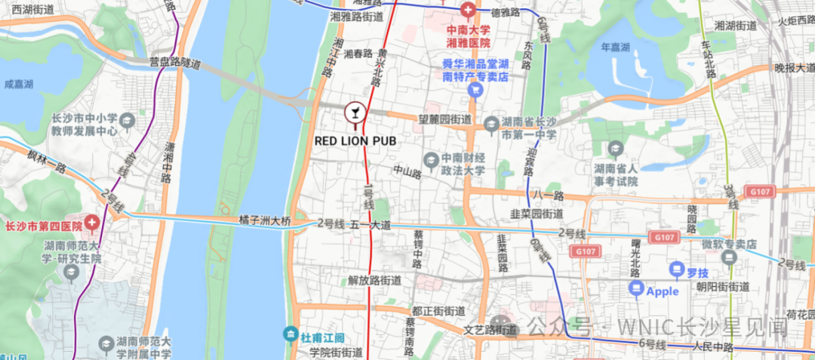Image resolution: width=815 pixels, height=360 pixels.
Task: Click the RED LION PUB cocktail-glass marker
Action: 354,113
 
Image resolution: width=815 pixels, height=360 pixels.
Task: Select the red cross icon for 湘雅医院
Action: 468,11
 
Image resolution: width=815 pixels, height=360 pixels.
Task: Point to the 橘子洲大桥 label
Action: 264,221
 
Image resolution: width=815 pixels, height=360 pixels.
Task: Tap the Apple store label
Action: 663,291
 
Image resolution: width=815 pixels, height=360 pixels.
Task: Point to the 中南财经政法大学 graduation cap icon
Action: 430,158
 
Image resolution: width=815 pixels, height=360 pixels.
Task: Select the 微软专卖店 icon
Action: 729,257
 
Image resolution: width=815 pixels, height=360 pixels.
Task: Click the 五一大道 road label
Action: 370,224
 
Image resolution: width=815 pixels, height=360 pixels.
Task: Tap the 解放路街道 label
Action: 374,280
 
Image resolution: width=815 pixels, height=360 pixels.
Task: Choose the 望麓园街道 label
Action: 445,118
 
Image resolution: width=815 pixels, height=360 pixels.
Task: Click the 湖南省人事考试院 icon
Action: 617,149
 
